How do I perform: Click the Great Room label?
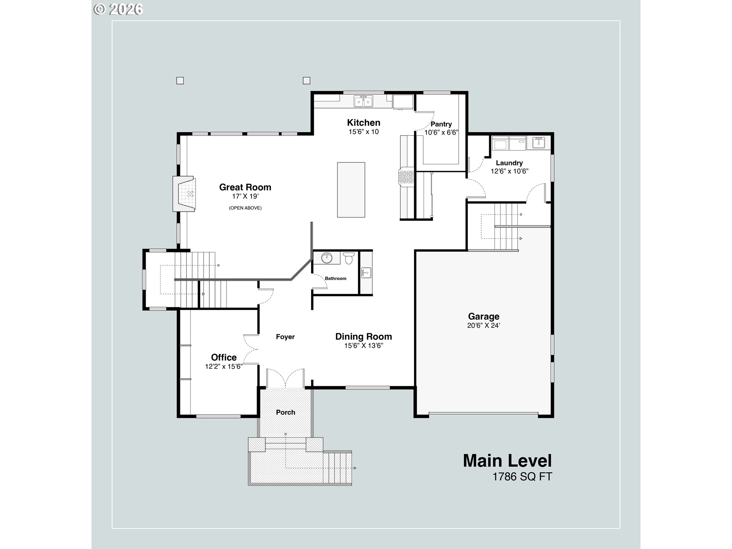coord(245,187)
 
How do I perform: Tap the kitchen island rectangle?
coord(351,190)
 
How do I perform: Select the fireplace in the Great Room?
coord(184,194)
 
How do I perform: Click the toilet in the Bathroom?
coord(348,258)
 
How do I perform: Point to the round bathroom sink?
coord(327,258)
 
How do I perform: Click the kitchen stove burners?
coord(406,178)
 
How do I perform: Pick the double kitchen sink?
coord(363,101)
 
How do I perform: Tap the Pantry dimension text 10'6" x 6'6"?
coord(441,133)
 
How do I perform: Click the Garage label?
coord(483,316)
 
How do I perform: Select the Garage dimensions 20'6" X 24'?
coord(483,326)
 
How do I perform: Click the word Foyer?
coord(285,337)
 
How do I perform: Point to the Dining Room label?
coord(363,337)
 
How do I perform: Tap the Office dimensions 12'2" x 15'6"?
coord(224,367)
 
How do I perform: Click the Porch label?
coord(286,413)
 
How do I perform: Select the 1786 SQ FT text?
coord(522,477)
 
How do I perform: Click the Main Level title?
coord(507,461)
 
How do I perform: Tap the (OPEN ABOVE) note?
coord(245,208)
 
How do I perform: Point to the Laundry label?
coord(509,163)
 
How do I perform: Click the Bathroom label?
coord(335,279)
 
